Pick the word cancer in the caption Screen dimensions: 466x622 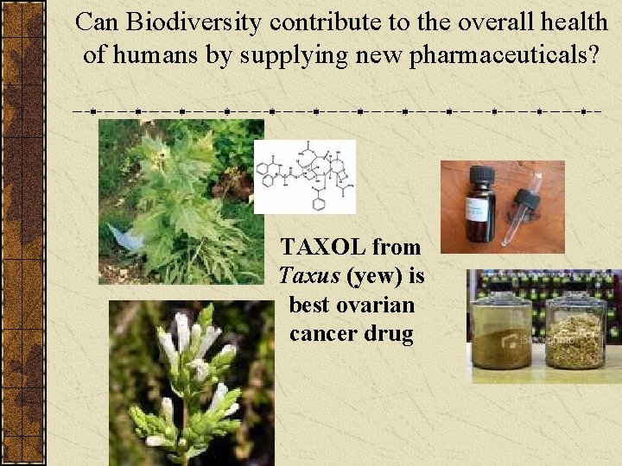pos(325,334)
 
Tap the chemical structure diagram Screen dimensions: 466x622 pos(304,176)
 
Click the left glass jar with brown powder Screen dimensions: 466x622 pos(501,332)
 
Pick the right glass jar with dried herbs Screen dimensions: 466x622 pos(575,332)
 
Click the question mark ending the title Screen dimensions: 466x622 pos(593,55)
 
